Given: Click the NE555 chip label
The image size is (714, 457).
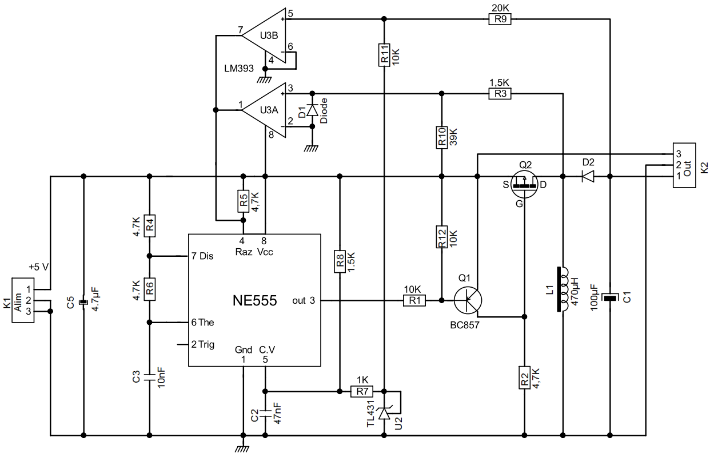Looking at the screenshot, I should [x=254, y=301].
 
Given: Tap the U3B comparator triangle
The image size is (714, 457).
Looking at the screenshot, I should [x=264, y=35].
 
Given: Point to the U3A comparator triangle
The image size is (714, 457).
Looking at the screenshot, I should [x=264, y=110].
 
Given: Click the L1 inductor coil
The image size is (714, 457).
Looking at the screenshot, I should [x=563, y=289].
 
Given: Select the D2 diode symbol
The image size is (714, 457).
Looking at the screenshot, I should [x=587, y=177].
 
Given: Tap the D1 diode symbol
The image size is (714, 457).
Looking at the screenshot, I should [x=312, y=109].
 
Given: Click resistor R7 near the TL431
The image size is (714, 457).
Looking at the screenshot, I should [x=362, y=391].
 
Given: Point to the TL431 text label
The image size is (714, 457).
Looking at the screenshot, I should [x=370, y=413].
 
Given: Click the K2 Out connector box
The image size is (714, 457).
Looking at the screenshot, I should [x=684, y=165].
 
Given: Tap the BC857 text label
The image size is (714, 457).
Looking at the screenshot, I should [x=464, y=325].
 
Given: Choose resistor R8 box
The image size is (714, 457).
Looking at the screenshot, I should [x=340, y=263].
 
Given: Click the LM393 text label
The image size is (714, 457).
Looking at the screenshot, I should [x=238, y=69].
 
